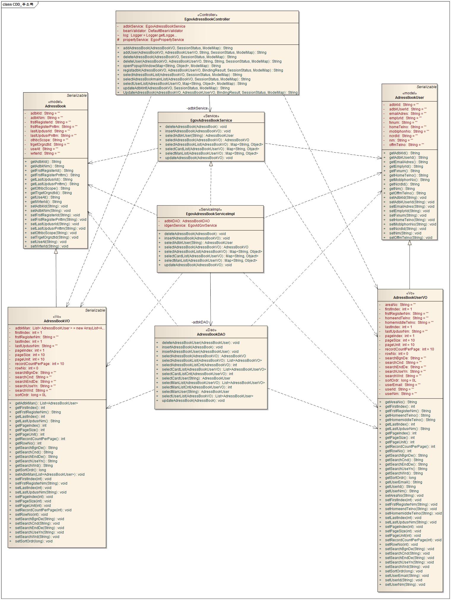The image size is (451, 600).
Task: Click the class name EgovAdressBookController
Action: click(x=207, y=19)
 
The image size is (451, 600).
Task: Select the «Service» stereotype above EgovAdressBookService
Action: click(x=211, y=116)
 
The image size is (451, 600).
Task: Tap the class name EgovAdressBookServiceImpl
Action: click(x=210, y=214)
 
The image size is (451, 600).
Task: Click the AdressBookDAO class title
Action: click(x=211, y=334)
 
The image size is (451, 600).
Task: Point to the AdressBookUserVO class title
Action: click(x=410, y=298)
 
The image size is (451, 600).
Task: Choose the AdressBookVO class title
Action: click(x=57, y=321)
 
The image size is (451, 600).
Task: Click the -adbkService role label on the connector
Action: click(x=197, y=108)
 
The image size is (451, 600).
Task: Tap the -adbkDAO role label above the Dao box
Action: click(x=200, y=322)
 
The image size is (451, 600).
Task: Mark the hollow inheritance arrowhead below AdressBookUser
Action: click(x=410, y=243)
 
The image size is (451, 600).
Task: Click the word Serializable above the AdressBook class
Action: click(x=77, y=96)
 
